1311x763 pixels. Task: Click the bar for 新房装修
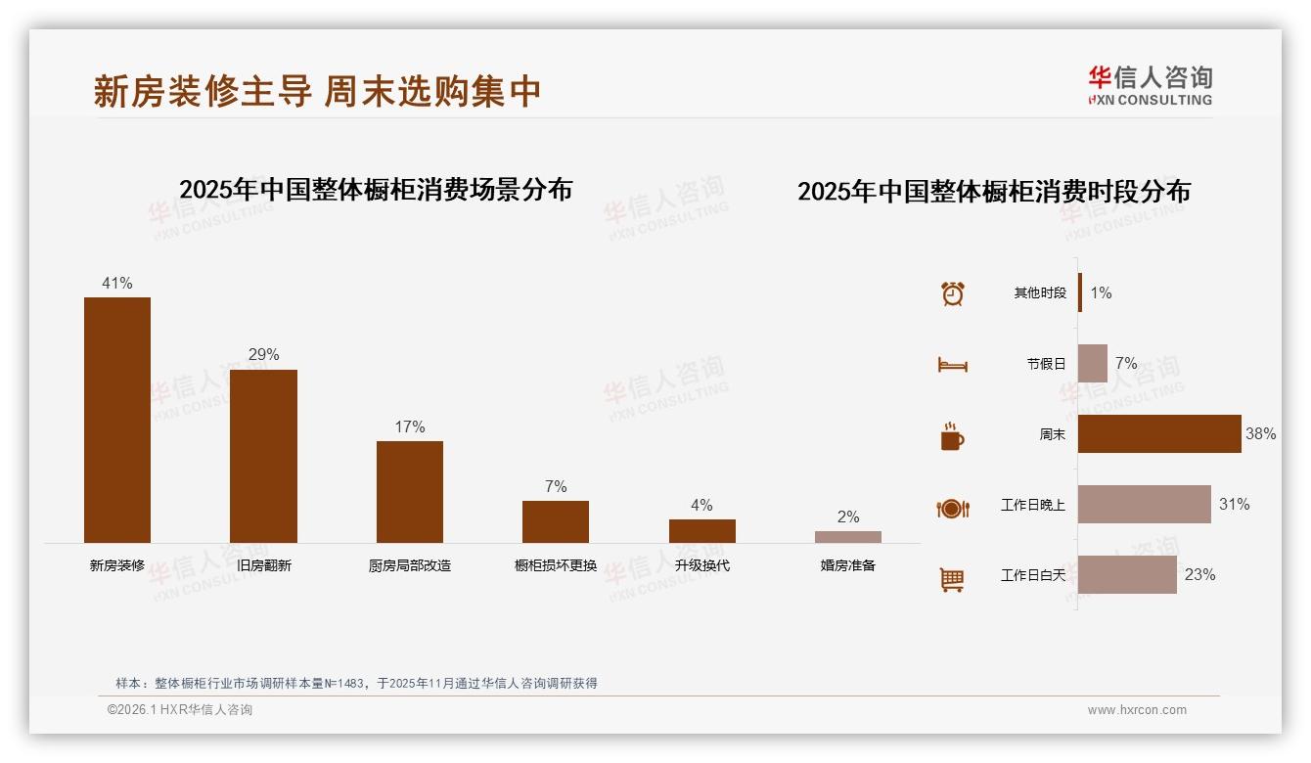117,420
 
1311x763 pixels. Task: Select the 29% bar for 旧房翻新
263,456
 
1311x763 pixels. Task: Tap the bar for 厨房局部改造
410,491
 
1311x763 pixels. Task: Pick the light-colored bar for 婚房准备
848,537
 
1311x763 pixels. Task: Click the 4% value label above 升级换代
701,506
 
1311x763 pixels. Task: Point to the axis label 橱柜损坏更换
556,565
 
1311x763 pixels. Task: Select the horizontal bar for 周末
1159,433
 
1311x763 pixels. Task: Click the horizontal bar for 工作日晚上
1144,504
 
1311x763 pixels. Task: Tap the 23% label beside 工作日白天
1199,575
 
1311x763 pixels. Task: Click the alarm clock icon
953,293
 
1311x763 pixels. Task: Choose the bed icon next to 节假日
953,364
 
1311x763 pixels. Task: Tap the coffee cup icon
952,436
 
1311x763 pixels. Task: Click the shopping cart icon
952,579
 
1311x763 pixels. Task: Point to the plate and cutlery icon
953,508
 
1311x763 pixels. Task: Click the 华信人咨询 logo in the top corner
1150,85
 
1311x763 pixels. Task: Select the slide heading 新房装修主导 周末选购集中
317,91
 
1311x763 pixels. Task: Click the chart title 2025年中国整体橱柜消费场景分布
376,189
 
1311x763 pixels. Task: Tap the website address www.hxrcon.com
1137,710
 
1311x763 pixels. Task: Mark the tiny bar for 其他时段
1080,292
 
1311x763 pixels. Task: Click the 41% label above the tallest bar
117,284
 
